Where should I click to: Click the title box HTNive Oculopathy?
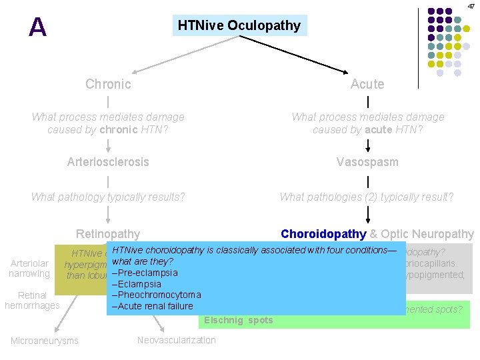click(x=239, y=26)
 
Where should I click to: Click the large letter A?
click(x=38, y=27)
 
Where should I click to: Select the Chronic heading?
click(x=108, y=84)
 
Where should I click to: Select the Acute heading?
click(x=367, y=84)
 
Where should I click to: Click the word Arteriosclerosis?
click(x=108, y=162)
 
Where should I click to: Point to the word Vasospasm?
click(x=367, y=162)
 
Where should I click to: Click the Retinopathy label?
click(x=108, y=234)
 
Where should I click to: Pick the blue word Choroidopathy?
click(x=323, y=234)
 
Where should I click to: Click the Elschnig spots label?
click(x=238, y=321)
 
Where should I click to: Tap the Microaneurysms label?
click(x=44, y=341)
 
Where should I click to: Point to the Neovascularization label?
click(x=176, y=341)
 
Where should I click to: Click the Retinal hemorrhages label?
click(x=32, y=301)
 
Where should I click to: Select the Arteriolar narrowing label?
click(x=29, y=269)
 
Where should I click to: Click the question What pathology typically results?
click(x=108, y=197)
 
